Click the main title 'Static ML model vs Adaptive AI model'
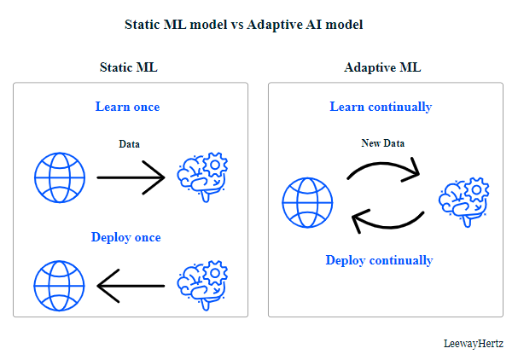click(244, 25)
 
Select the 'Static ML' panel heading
click(129, 67)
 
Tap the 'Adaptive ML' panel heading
click(382, 67)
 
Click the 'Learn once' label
click(127, 107)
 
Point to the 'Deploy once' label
click(125, 237)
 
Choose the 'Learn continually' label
click(381, 107)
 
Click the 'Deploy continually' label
click(379, 260)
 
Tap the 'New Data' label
click(383, 143)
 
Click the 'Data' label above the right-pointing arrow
click(129, 144)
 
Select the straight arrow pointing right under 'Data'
click(131, 177)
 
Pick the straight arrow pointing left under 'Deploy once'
click(131, 286)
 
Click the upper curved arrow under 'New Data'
click(383, 164)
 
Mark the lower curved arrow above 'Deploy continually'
click(390, 227)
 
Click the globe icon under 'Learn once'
click(60, 177)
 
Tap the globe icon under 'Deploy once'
click(60, 286)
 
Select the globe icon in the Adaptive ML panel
click(307, 203)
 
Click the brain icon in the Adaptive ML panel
click(464, 202)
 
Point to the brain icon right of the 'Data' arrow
click(202, 177)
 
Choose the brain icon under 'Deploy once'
click(202, 286)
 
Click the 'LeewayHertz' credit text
click(474, 344)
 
